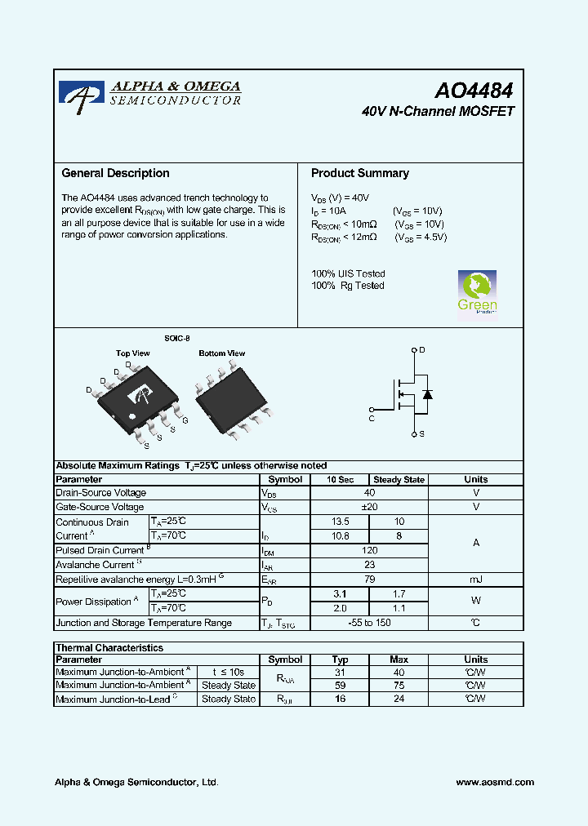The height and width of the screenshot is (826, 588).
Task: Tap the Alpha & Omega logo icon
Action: click(x=82, y=93)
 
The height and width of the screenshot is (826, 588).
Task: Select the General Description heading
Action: click(x=116, y=173)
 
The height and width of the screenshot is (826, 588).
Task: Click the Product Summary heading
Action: click(x=360, y=173)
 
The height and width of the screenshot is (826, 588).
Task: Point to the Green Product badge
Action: click(x=477, y=292)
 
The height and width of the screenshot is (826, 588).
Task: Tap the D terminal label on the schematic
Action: click(x=422, y=349)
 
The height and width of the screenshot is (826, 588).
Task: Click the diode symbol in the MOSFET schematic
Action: click(x=426, y=394)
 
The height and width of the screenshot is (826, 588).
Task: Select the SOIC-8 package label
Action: click(x=176, y=338)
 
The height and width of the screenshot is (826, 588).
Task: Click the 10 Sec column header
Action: click(x=340, y=480)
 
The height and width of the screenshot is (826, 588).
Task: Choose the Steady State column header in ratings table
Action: click(x=399, y=480)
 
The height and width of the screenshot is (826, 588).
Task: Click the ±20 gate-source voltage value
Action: click(x=369, y=507)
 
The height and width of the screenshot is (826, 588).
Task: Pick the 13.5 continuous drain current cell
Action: click(x=340, y=522)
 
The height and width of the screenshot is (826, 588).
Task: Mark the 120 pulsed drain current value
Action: click(x=369, y=550)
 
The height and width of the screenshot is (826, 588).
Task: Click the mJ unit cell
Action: click(x=475, y=580)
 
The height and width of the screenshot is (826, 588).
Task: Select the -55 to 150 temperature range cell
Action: click(x=369, y=623)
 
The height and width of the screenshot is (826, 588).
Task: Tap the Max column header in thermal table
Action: click(x=399, y=659)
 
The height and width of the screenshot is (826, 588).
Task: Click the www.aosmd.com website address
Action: click(x=495, y=782)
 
